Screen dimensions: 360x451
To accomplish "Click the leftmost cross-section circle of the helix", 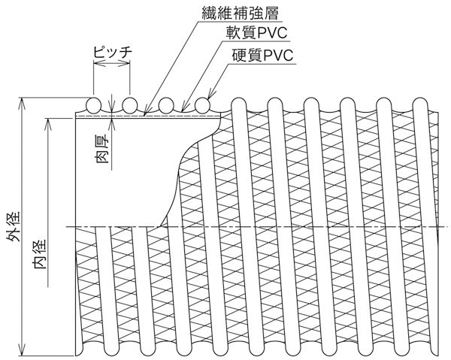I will click(94, 104).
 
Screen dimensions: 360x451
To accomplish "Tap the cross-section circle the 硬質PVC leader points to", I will click(202, 104).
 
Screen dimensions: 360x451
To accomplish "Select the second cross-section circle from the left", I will click(130, 104).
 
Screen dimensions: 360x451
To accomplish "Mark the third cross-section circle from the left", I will click(166, 104).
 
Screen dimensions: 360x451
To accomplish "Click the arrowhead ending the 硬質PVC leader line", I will click(207, 97).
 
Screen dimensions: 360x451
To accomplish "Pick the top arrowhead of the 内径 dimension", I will click(52, 119).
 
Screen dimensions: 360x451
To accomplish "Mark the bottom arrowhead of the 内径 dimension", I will click(52, 291).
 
